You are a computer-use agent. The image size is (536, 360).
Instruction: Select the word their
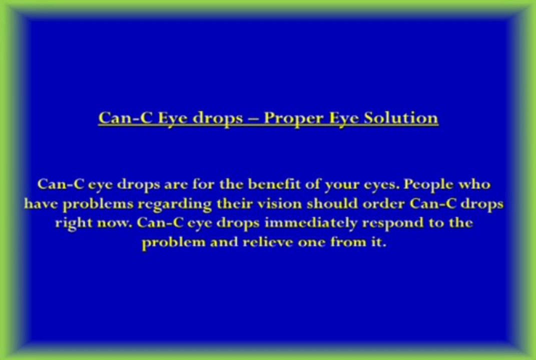(234, 204)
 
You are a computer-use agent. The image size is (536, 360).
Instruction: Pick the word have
(42, 204)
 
